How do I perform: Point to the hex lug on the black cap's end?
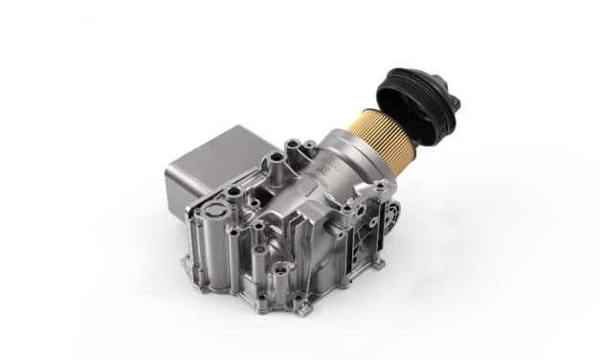tap(453, 100)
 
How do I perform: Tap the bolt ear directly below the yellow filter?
tap(381, 187)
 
